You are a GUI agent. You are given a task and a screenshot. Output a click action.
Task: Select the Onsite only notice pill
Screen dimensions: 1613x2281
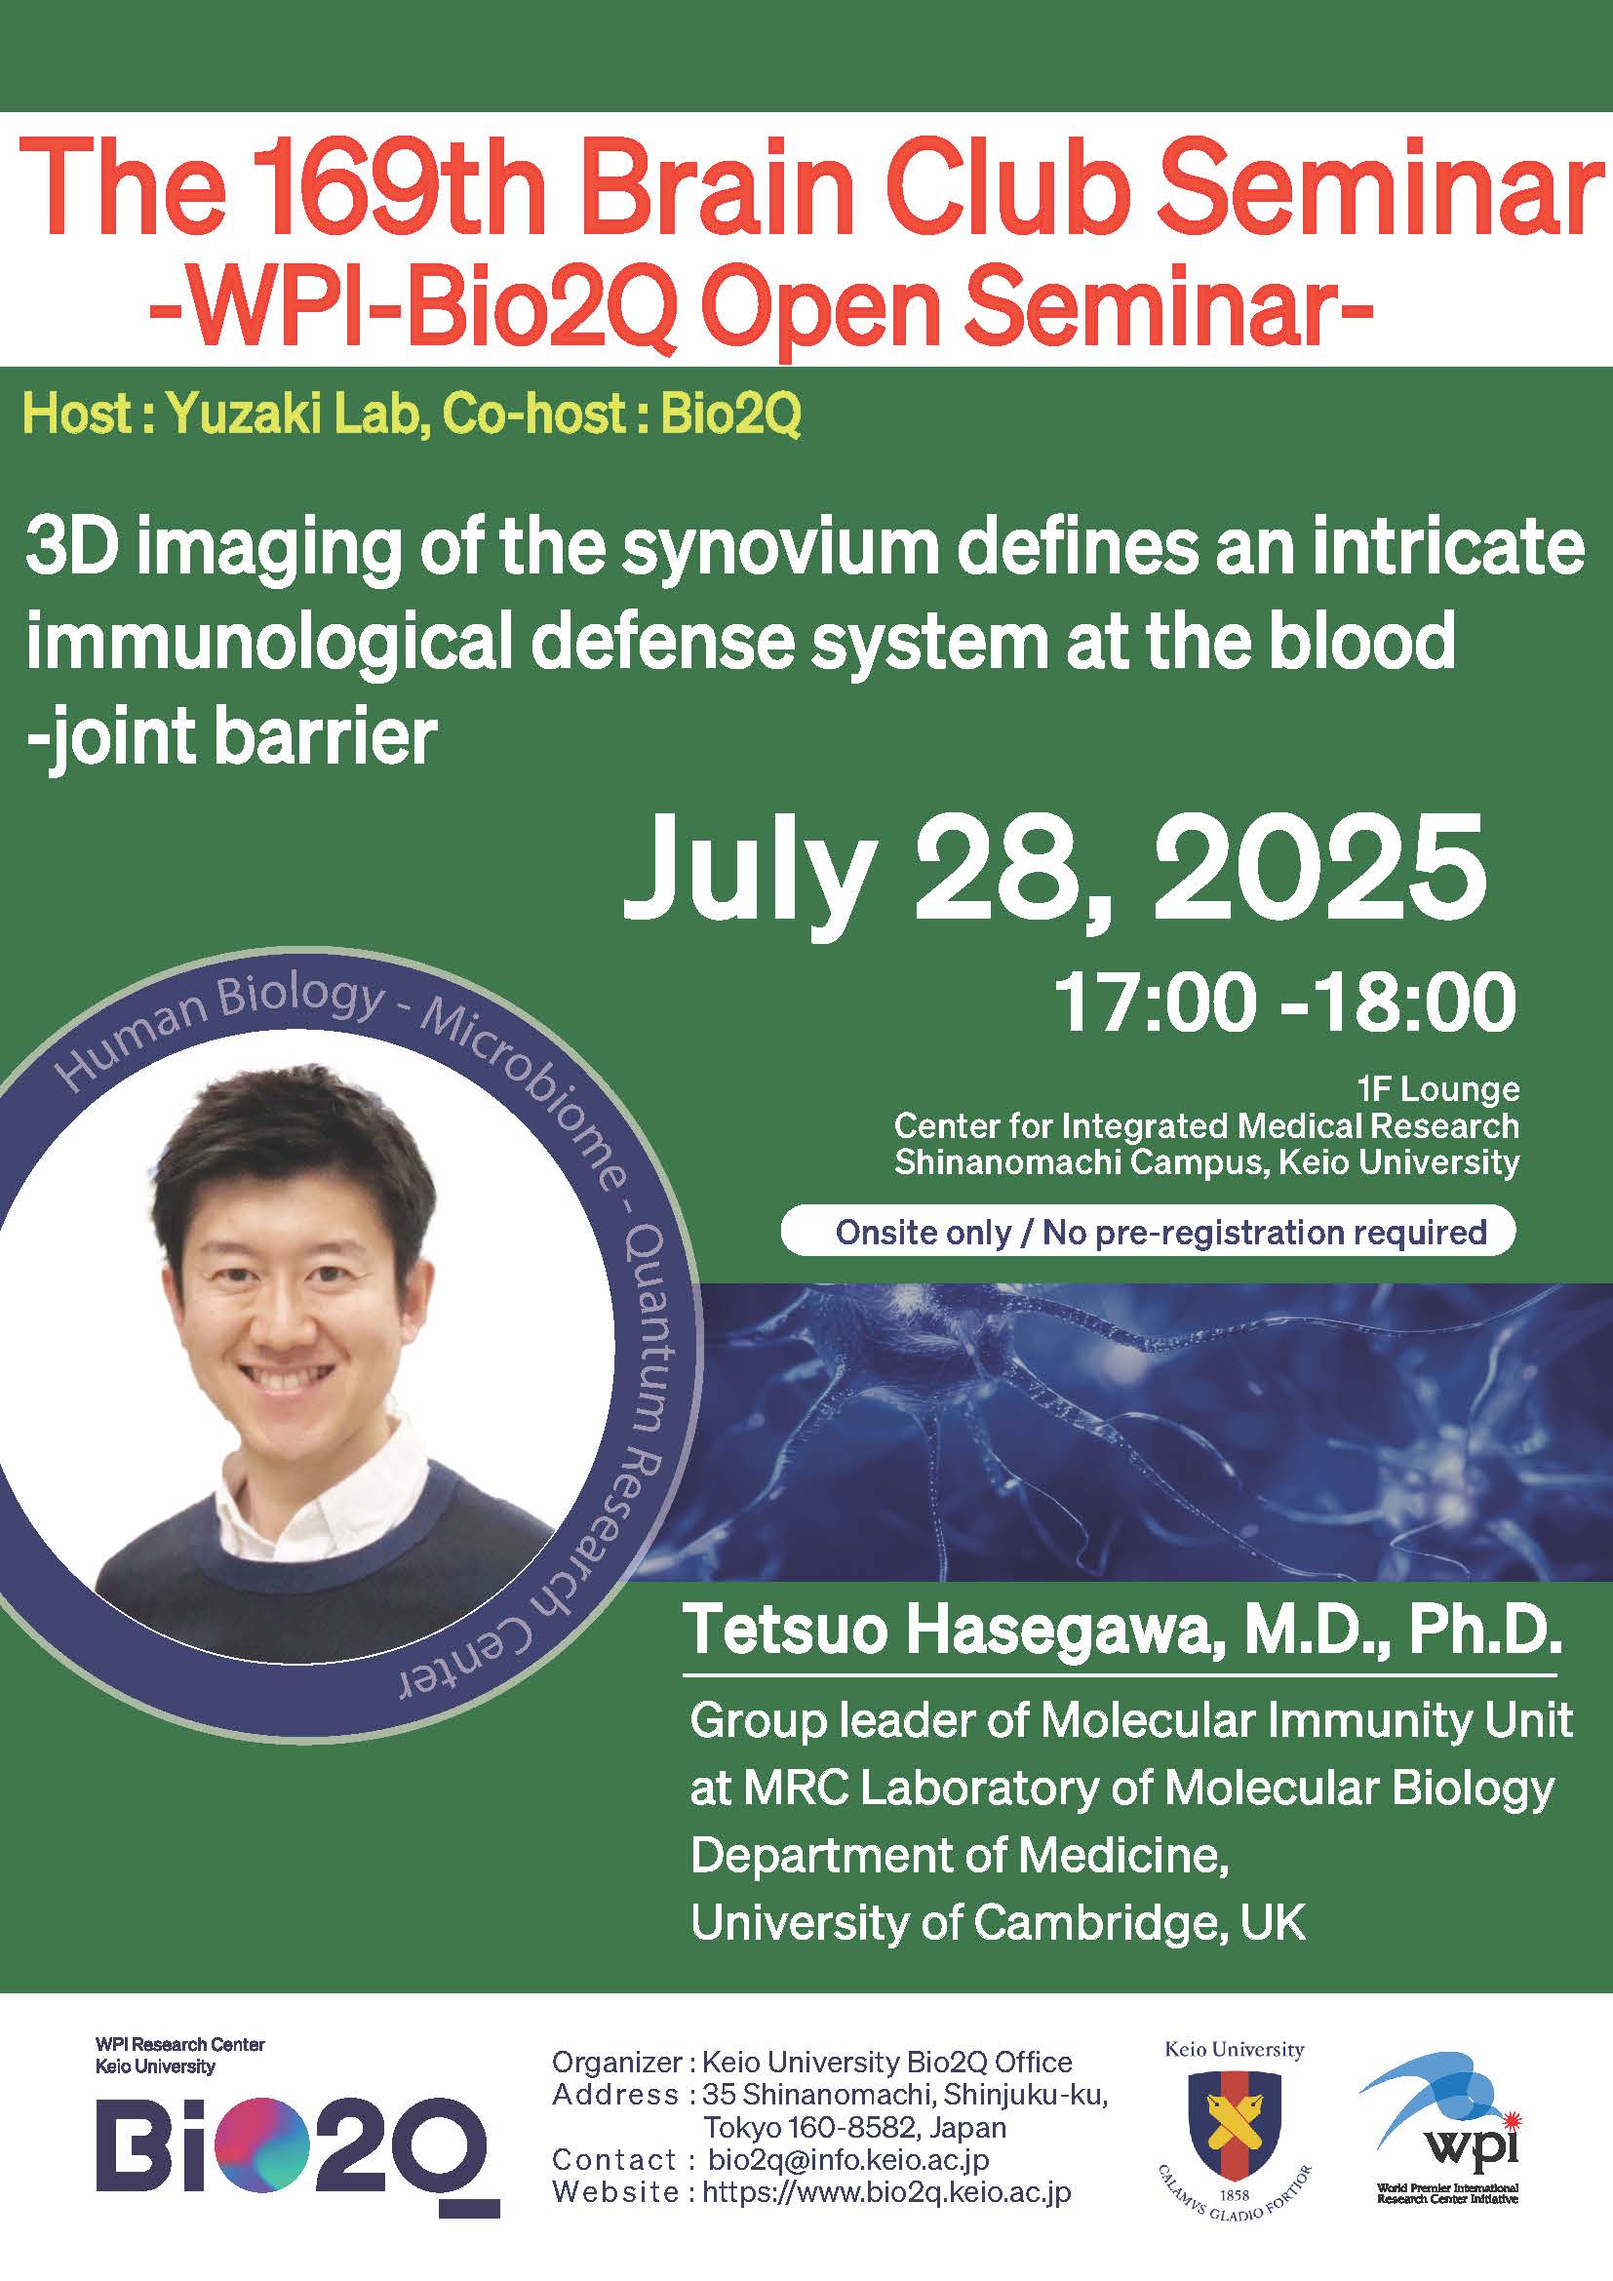coord(1148,1232)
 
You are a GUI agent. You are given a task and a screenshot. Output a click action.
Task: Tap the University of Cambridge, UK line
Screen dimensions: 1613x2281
coord(998,1922)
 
